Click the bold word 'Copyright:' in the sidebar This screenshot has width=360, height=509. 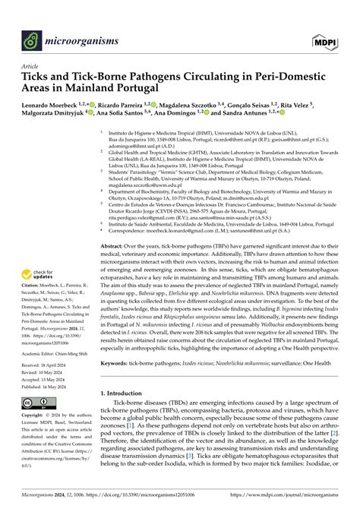[x=38, y=416]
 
